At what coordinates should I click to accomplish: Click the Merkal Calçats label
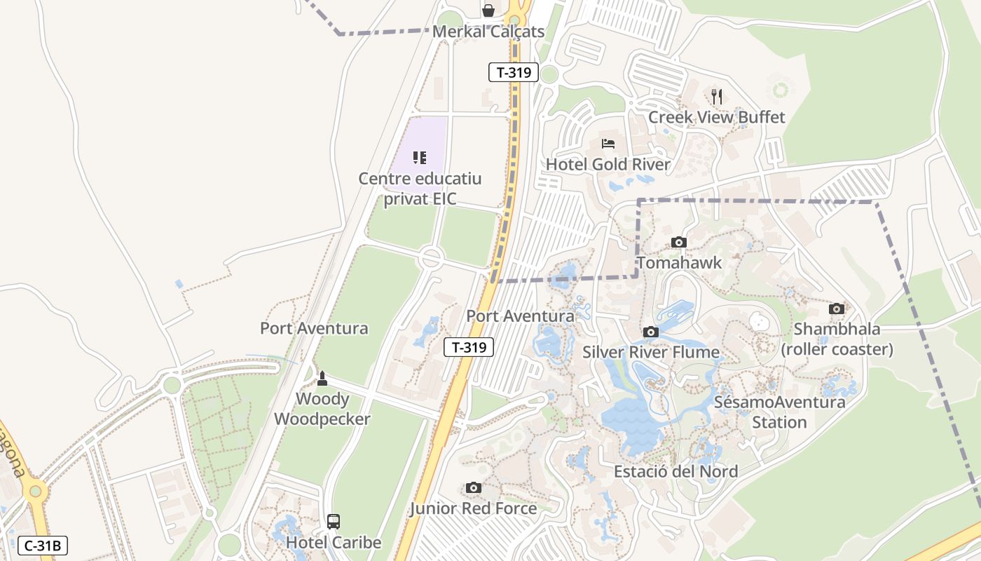(x=488, y=32)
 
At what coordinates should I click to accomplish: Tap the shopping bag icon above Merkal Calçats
(x=488, y=10)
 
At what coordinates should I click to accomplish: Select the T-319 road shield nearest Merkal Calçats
(x=513, y=72)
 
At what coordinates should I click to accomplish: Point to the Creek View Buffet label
(x=716, y=117)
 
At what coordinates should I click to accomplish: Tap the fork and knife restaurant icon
(x=716, y=96)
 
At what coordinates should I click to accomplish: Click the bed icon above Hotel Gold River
(x=608, y=144)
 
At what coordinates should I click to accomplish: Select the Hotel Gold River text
(x=608, y=165)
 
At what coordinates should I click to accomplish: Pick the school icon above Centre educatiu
(x=420, y=158)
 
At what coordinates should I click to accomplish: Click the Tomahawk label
(x=678, y=263)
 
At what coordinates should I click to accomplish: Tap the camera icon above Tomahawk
(x=678, y=243)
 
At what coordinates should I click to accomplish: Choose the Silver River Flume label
(x=651, y=352)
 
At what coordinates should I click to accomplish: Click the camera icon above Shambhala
(x=837, y=309)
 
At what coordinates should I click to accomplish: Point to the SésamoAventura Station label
(x=779, y=412)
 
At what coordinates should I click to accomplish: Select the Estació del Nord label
(x=675, y=471)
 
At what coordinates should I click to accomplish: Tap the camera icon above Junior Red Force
(x=474, y=487)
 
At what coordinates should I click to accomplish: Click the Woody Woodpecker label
(x=322, y=409)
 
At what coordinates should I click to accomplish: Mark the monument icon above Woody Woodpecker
(x=322, y=379)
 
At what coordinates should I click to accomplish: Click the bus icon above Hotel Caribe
(x=334, y=522)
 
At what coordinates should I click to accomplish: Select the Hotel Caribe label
(x=334, y=543)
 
